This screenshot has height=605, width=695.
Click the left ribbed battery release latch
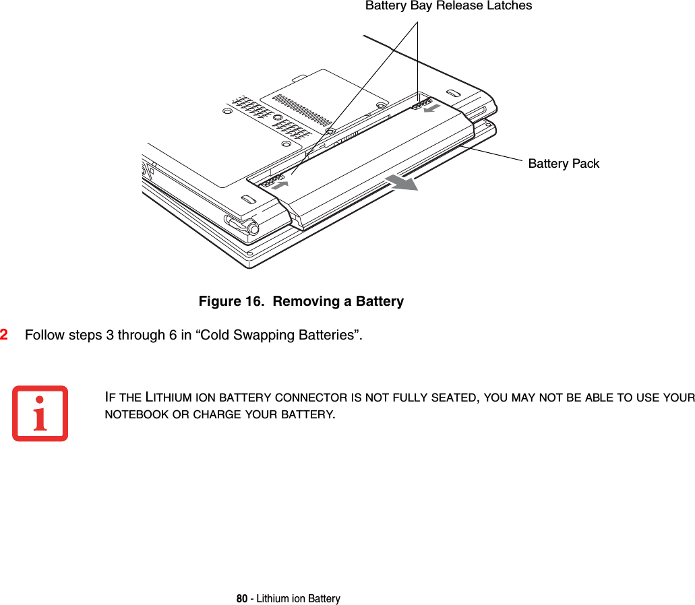pyautogui.click(x=269, y=182)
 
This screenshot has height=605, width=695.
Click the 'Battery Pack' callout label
pyautogui.click(x=563, y=164)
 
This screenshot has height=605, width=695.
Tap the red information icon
pyautogui.click(x=40, y=413)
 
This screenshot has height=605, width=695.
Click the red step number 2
pyautogui.click(x=5, y=335)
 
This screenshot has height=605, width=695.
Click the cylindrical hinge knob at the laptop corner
pyautogui.click(x=253, y=228)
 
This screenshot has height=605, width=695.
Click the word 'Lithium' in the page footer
pyautogui.click(x=267, y=599)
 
